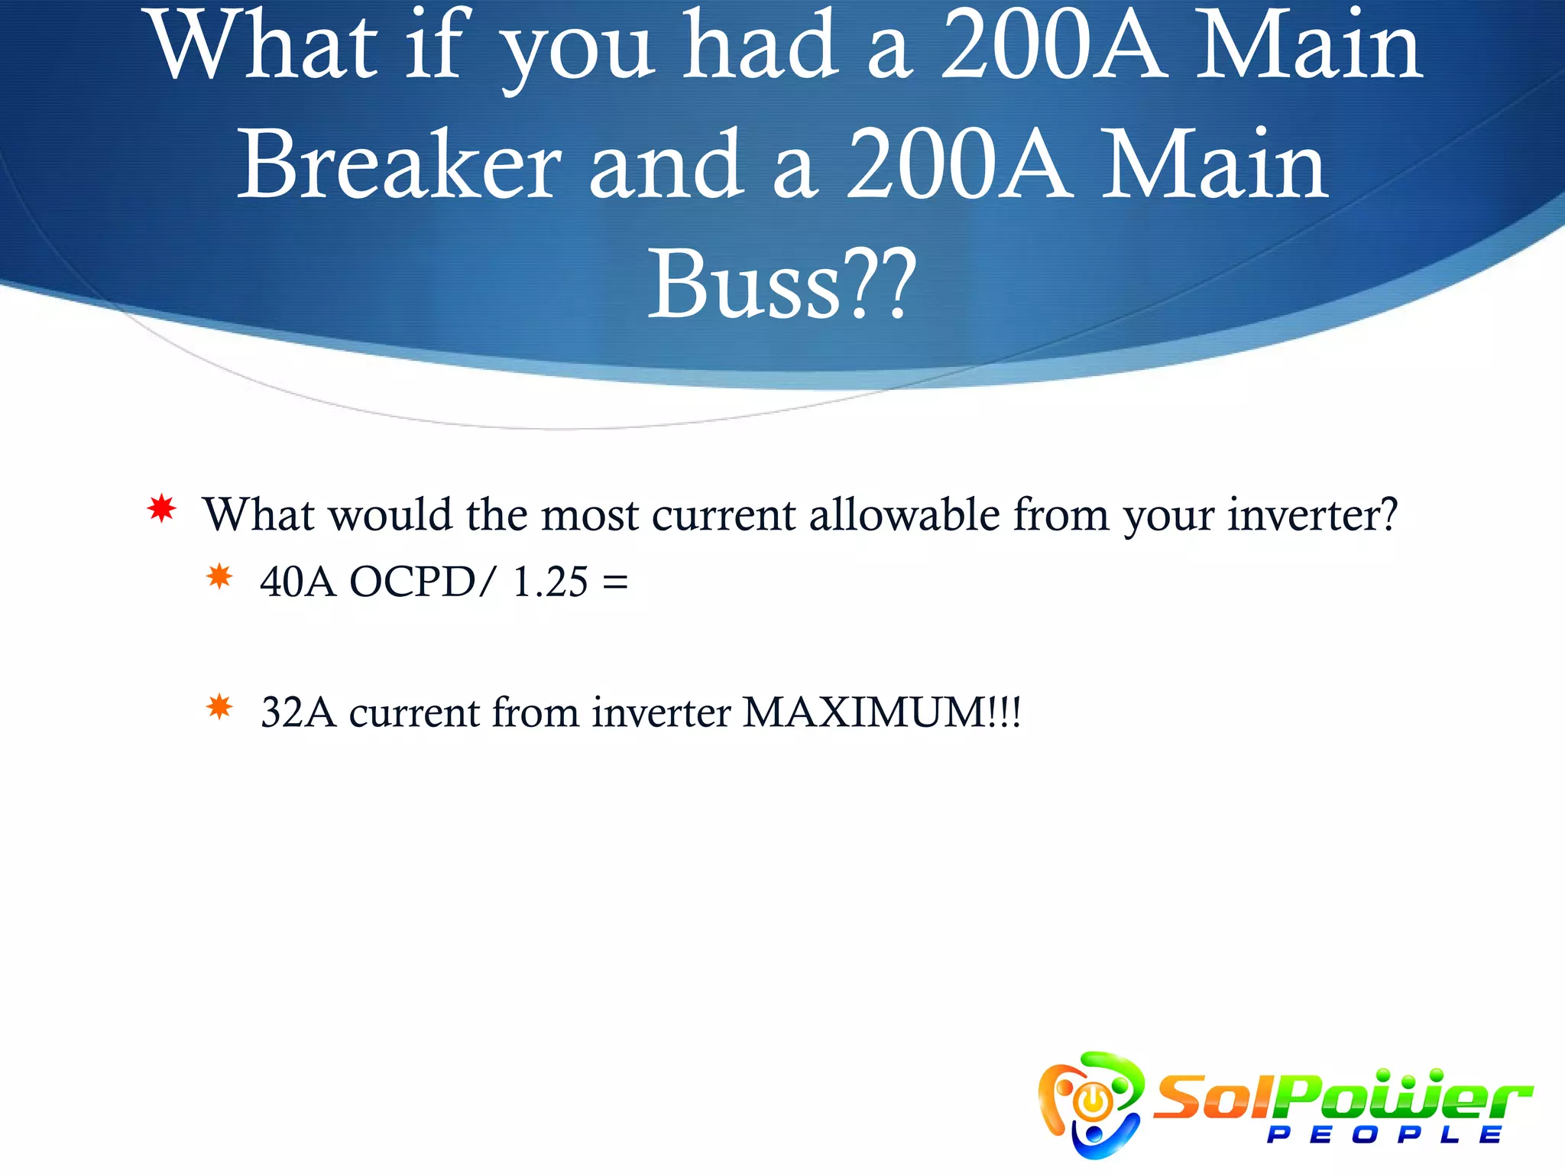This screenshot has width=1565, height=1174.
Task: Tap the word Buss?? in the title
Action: [781, 284]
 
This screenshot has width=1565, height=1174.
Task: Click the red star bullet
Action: [162, 509]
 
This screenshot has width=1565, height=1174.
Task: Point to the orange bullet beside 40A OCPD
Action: [219, 576]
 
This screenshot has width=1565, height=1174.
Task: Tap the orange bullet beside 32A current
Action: [219, 707]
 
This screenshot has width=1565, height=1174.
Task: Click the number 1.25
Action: [550, 582]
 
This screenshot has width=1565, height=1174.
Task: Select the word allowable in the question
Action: [904, 514]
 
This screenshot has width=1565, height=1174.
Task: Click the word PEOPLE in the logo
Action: [1384, 1135]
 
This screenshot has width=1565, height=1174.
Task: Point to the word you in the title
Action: [578, 50]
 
